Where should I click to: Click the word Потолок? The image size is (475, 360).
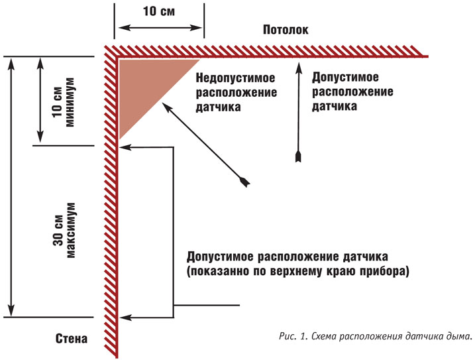[x=286, y=29]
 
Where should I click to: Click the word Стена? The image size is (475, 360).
[x=72, y=339]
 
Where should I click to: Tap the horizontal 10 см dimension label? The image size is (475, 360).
[x=158, y=12]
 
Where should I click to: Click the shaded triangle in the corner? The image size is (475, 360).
[x=142, y=86]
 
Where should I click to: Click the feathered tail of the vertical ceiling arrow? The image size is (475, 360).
[x=298, y=156]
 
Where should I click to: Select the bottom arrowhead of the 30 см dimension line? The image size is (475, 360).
[x=11, y=312]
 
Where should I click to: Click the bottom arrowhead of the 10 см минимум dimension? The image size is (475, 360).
[x=41, y=137]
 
